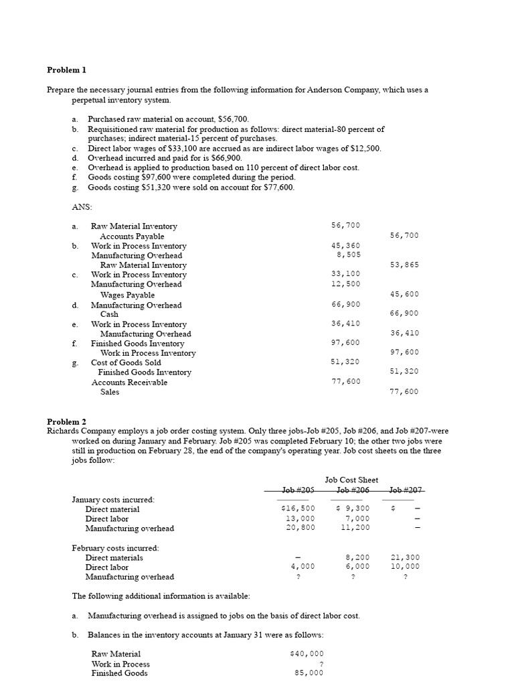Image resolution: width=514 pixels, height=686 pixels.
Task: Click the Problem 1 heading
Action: [66, 70]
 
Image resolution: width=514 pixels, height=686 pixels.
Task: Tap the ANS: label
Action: [81, 207]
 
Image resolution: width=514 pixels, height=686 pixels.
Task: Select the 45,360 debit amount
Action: [345, 246]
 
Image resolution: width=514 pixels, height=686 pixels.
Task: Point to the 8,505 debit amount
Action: [348, 255]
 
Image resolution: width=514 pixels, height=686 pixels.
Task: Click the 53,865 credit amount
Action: [404, 265]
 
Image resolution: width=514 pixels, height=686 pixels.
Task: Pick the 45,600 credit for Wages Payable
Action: [404, 294]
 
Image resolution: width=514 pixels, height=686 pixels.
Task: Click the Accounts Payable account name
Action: [132, 236]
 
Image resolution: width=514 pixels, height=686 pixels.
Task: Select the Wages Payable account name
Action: [127, 295]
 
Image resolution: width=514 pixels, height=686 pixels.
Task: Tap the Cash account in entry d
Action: [109, 314]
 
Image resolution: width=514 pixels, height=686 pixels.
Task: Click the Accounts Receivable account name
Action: [129, 383]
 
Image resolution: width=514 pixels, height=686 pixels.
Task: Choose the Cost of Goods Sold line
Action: [126, 362]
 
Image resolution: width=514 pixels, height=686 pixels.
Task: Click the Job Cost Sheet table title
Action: [351, 480]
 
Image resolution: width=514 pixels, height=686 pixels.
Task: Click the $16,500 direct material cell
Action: [297, 509]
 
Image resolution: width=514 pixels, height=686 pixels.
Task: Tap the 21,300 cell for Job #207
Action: [405, 557]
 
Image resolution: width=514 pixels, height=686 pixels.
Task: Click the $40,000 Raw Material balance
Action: [307, 654]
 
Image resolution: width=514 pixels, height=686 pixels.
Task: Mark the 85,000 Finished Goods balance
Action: [309, 673]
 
